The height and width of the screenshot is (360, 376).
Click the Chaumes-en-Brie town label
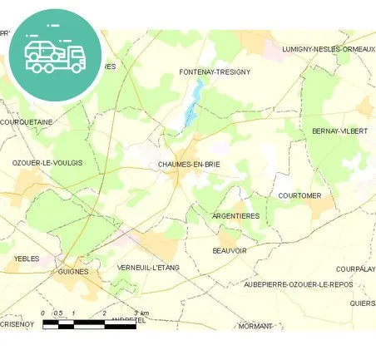point(188,165)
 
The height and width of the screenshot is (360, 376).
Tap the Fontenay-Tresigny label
point(215,72)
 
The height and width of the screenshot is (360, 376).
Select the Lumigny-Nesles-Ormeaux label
point(328,49)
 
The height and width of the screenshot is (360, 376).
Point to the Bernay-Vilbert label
point(339,131)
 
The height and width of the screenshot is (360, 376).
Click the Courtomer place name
point(299,195)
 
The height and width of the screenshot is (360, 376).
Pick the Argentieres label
point(236,216)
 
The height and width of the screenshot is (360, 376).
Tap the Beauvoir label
point(230,250)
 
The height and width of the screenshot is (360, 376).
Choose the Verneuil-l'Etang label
point(149,267)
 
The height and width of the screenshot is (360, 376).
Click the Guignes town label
point(73,272)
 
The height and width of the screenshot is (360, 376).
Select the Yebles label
point(27,259)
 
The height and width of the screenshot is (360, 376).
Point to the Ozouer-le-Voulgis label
point(47,163)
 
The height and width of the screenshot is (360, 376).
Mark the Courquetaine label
point(27,122)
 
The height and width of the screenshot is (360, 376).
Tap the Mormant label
point(255,326)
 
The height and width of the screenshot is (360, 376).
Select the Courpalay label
point(356,269)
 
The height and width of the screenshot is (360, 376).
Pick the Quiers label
point(363,303)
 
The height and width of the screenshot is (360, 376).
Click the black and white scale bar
point(88,324)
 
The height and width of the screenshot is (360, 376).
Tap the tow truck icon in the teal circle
point(55,54)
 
